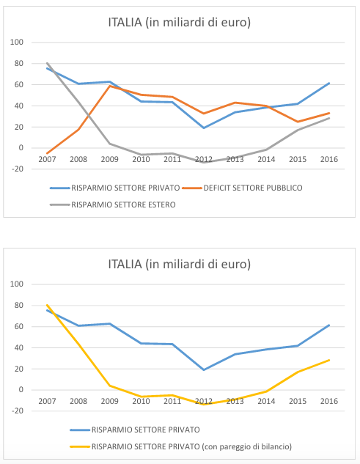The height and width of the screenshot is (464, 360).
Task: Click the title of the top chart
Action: [180, 23]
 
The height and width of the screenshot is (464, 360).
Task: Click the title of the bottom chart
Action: [180, 265]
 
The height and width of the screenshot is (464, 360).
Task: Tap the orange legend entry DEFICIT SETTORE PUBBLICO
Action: [252, 188]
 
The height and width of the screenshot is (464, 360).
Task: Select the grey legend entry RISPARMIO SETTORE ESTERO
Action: [123, 205]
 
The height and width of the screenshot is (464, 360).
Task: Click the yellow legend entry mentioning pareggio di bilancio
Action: [191, 446]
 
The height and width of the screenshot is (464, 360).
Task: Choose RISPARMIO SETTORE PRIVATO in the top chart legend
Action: [125, 188]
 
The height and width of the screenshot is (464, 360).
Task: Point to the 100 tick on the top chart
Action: [17, 42]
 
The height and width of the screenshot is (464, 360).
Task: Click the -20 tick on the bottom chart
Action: [17, 410]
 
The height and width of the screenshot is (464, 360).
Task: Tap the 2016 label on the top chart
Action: [329, 160]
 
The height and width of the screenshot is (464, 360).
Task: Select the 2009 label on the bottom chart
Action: [109, 401]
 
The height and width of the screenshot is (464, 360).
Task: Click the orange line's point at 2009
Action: [110, 86]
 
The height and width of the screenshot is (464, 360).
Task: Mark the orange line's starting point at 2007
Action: [47, 153]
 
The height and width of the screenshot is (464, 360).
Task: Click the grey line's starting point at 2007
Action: [47, 63]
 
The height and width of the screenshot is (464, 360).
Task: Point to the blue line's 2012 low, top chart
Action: [204, 128]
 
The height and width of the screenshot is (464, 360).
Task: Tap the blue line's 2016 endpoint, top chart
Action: [329, 83]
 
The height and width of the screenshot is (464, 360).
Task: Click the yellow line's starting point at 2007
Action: [47, 305]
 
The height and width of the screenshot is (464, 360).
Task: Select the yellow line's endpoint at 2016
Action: [329, 360]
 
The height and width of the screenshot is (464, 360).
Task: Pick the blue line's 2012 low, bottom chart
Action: [204, 370]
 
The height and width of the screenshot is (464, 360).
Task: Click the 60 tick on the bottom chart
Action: [18, 326]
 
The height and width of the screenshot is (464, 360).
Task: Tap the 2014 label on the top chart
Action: [266, 160]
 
